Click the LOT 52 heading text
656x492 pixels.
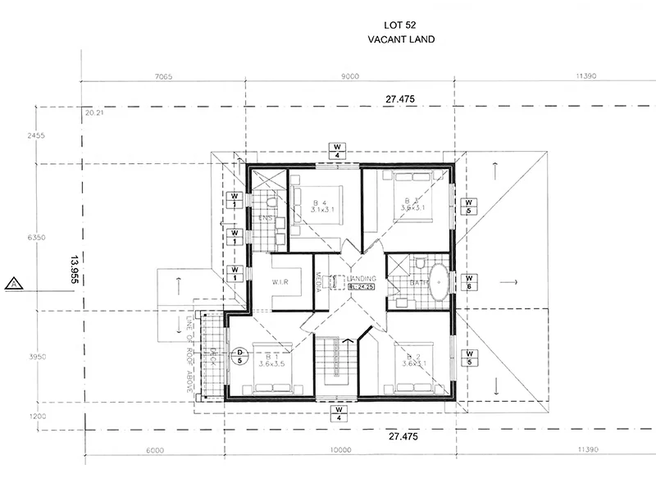pyautogui.click(x=401, y=26)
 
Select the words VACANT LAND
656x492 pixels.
pyautogui.click(x=401, y=39)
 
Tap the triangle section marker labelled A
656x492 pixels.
pyautogui.click(x=13, y=284)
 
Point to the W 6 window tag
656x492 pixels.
pyautogui.click(x=469, y=281)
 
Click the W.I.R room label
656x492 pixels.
pyautogui.click(x=284, y=283)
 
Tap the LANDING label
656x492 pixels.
pyautogui.click(x=361, y=278)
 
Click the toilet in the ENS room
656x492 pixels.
pyautogui.click(x=271, y=202)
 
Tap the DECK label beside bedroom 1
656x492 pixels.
pyautogui.click(x=212, y=354)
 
